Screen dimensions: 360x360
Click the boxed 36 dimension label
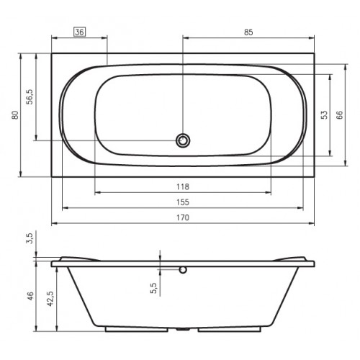point(79,32)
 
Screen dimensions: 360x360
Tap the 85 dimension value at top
point(248,32)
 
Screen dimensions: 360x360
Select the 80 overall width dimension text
point(15,115)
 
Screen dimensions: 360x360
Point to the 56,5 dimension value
point(30,96)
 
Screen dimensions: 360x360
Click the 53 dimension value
point(324,115)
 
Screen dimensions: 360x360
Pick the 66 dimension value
point(340,115)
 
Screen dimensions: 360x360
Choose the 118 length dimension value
point(183,186)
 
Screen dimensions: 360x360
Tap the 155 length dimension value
point(183,202)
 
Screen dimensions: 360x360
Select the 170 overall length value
point(183,217)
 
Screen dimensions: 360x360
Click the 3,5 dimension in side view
point(30,238)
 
